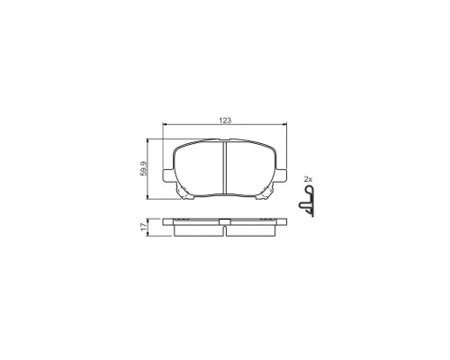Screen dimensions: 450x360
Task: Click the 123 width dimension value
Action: [x=225, y=121]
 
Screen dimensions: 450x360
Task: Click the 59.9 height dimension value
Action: [x=144, y=168]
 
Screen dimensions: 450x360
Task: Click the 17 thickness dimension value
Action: [x=145, y=227]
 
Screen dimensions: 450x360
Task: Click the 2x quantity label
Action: [x=308, y=179]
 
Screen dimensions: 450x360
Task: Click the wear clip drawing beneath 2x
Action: [x=307, y=201]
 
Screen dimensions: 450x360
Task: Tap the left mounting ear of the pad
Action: [x=168, y=175]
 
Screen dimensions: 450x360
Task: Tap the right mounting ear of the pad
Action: [x=281, y=175]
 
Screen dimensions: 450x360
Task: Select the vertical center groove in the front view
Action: [x=224, y=168]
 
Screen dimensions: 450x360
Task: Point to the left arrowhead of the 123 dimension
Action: [x=165, y=123]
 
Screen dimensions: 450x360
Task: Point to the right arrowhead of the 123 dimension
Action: [x=284, y=123]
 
